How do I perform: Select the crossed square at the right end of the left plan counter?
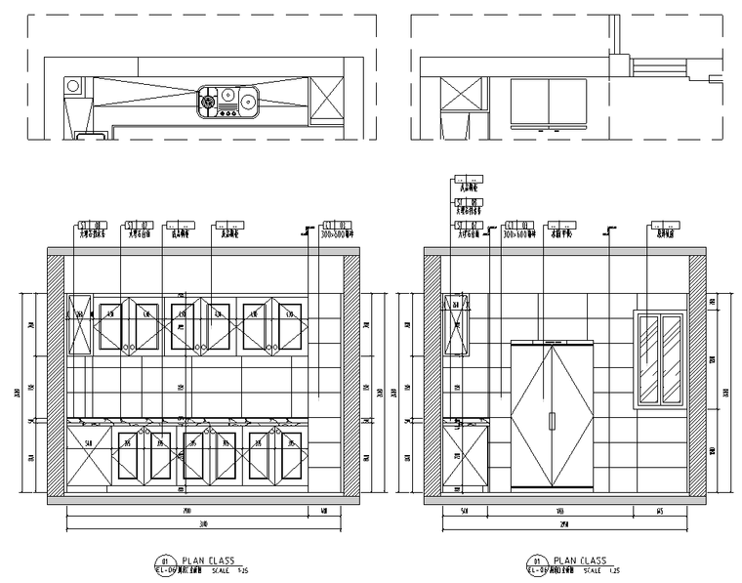point(326,100)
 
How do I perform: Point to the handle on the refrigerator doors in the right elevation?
point(553,421)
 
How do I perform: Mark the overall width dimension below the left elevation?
point(203,525)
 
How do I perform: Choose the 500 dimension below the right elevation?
point(464,511)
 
